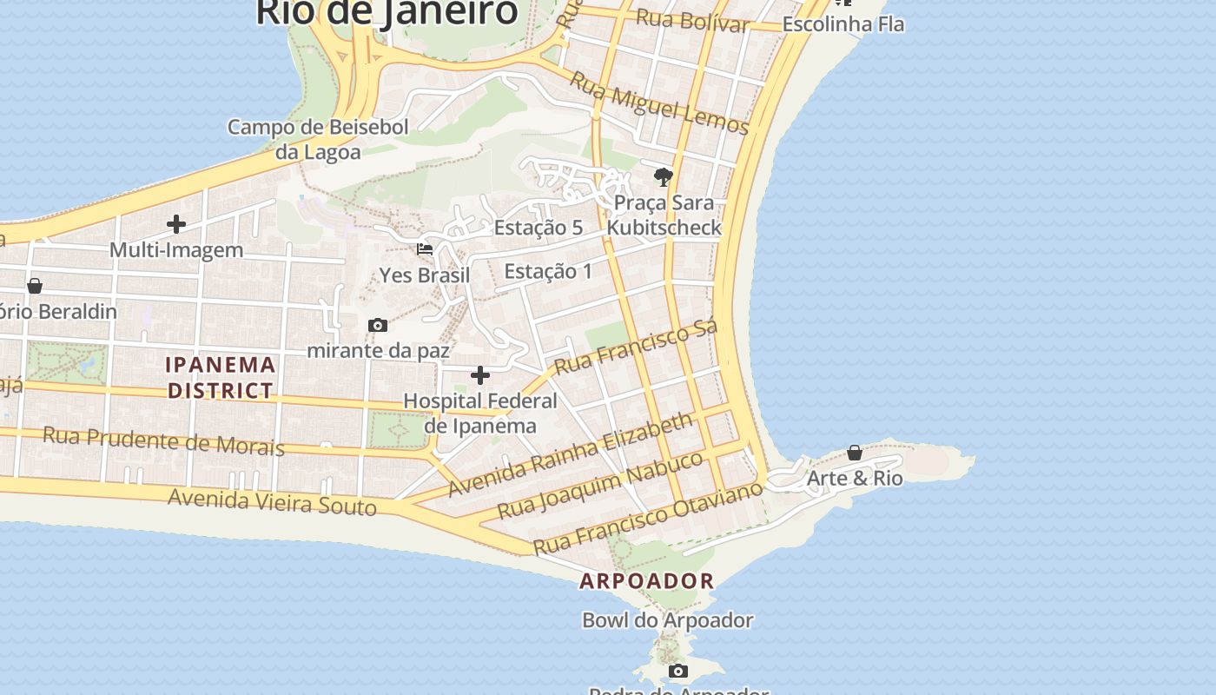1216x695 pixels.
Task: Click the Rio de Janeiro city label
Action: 387,12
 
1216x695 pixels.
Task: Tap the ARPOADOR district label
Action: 647,581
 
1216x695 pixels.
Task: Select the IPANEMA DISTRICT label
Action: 221,377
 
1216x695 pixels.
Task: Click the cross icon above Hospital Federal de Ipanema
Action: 480,375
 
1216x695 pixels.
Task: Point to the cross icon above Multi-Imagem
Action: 176,224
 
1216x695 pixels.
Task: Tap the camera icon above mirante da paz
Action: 378,325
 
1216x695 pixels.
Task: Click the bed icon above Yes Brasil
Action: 425,249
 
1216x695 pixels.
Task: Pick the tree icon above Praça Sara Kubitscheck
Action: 664,177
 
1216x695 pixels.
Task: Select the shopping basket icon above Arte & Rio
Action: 855,453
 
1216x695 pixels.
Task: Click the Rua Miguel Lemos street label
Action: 659,103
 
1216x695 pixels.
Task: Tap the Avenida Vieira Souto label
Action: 273,501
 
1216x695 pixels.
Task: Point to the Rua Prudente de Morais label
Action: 163,440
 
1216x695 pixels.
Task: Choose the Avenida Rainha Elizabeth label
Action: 571,453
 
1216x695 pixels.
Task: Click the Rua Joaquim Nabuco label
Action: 600,484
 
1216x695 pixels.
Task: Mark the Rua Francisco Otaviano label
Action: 648,519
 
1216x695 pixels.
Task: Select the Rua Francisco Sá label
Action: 636,347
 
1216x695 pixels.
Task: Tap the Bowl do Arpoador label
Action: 668,620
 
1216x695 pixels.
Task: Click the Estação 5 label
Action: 539,228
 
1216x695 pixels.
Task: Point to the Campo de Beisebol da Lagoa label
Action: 318,139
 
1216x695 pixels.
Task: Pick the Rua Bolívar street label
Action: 692,20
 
